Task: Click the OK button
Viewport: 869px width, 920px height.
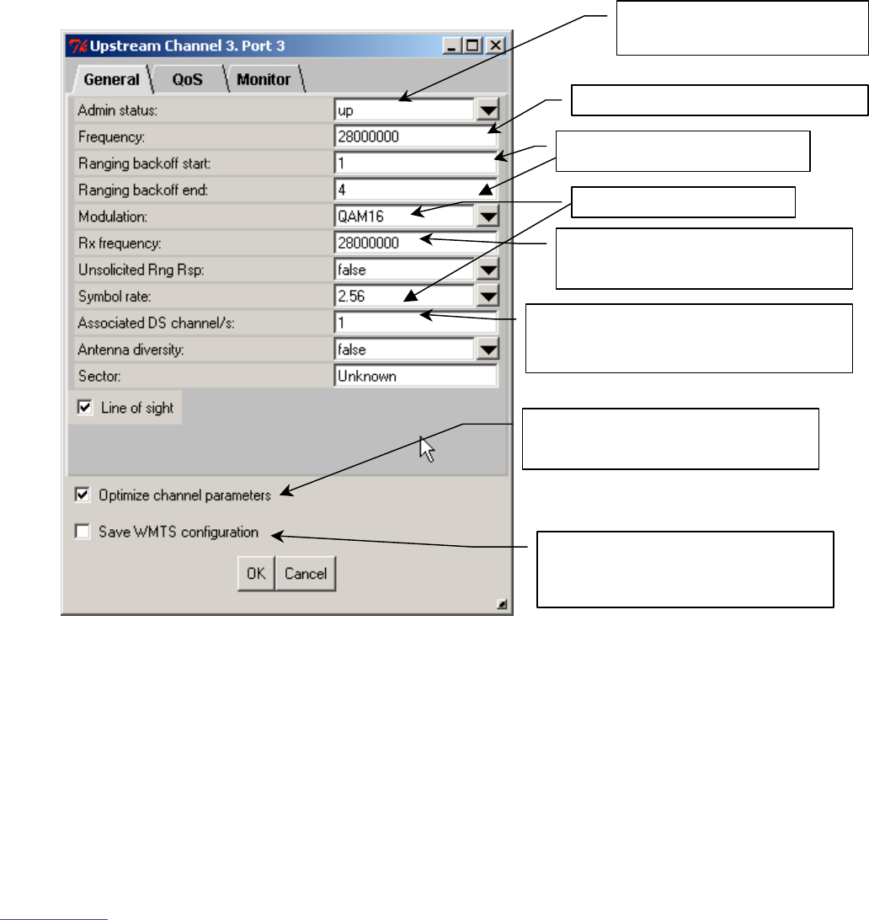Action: (x=255, y=574)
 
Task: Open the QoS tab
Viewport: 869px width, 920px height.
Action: (x=187, y=79)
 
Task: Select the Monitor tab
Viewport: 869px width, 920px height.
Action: (x=263, y=79)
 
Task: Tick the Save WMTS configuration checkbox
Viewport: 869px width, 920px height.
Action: (x=82, y=532)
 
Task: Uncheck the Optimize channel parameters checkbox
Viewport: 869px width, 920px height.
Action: (x=82, y=495)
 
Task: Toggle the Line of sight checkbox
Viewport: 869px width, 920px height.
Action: (x=83, y=408)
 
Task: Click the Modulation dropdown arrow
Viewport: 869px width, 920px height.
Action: (x=488, y=217)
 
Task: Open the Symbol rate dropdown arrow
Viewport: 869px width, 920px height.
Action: (x=488, y=297)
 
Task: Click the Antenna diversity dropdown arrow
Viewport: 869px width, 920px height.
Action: (x=488, y=350)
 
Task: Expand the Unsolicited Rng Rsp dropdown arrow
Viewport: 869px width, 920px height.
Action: (x=488, y=270)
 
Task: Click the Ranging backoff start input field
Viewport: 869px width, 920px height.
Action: (x=414, y=163)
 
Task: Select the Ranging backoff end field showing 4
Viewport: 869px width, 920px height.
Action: (x=414, y=190)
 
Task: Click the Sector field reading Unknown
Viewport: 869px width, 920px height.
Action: (x=414, y=376)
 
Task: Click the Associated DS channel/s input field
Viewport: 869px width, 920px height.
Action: (x=414, y=323)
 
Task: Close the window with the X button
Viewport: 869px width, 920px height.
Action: (x=495, y=46)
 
